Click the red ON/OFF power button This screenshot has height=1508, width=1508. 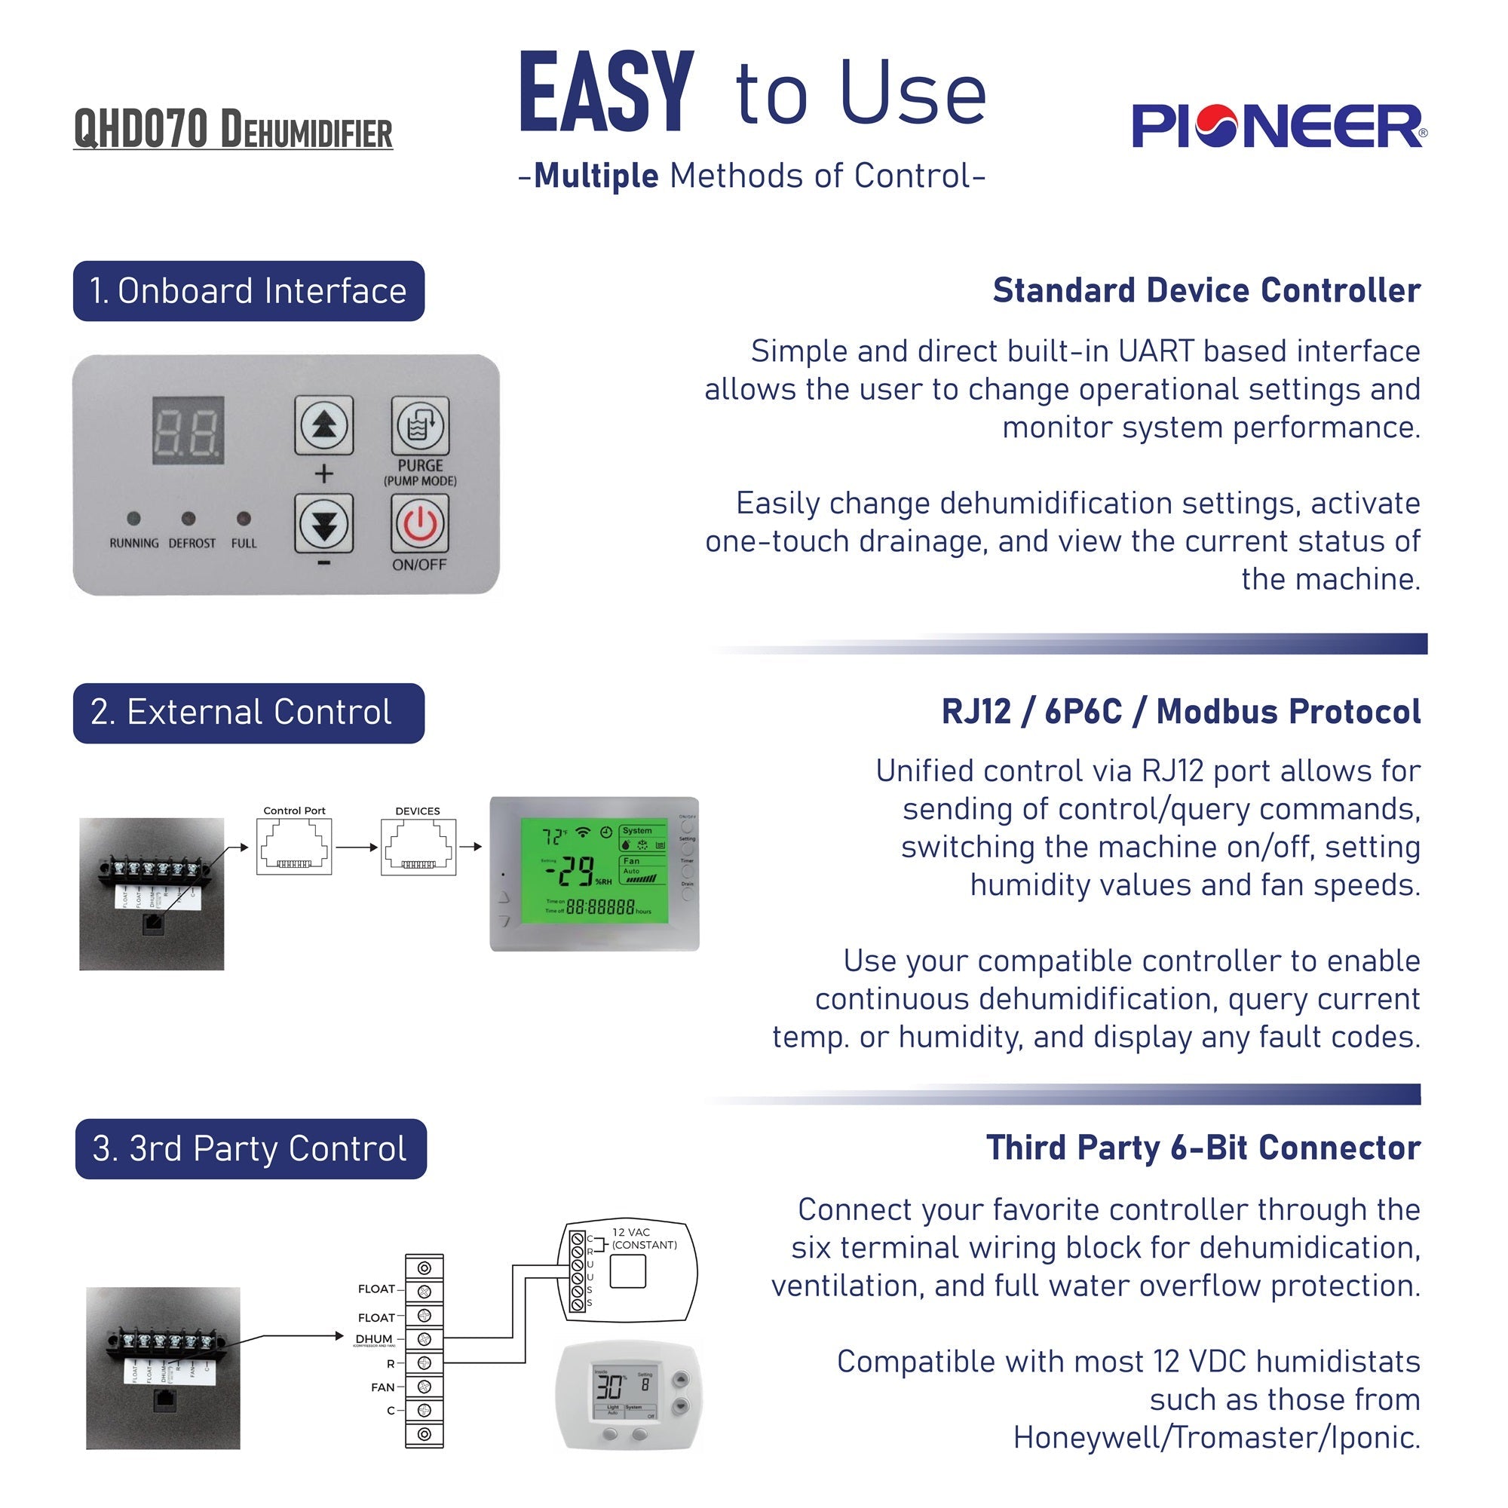(x=420, y=524)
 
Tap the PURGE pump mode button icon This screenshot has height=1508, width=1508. (x=420, y=426)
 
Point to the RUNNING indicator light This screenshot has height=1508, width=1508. (x=133, y=518)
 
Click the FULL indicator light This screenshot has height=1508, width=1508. (x=244, y=518)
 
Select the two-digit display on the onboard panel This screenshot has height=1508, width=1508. (x=188, y=430)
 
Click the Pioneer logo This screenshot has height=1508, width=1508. (x=1279, y=127)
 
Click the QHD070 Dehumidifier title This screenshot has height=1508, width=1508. (x=232, y=130)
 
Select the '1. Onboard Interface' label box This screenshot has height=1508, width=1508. (x=248, y=291)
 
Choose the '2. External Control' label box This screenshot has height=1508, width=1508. (x=248, y=713)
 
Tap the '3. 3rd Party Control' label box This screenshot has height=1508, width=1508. (x=250, y=1149)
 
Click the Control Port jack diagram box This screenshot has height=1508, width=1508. (x=294, y=847)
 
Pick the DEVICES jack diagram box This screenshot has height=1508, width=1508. (x=418, y=847)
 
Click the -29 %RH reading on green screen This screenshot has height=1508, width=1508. (x=578, y=872)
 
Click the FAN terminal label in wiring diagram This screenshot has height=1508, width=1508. (x=382, y=1387)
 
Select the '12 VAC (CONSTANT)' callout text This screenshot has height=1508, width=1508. (x=644, y=1239)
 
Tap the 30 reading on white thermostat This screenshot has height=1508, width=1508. (x=609, y=1387)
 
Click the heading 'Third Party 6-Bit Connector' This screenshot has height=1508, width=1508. (x=1203, y=1148)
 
